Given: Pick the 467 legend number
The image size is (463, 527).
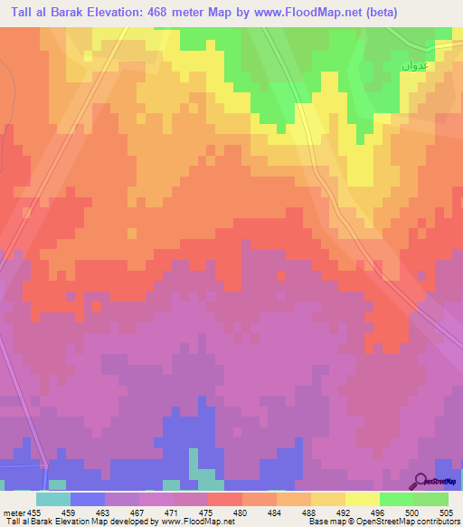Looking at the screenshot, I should click(138, 512).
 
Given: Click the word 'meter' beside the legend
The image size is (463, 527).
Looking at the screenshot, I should click(13, 512).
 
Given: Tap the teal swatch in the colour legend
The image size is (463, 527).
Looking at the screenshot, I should click(52, 499).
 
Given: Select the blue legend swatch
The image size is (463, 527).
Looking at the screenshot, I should click(87, 499).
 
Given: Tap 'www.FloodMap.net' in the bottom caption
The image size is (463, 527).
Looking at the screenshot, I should click(191, 522).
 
